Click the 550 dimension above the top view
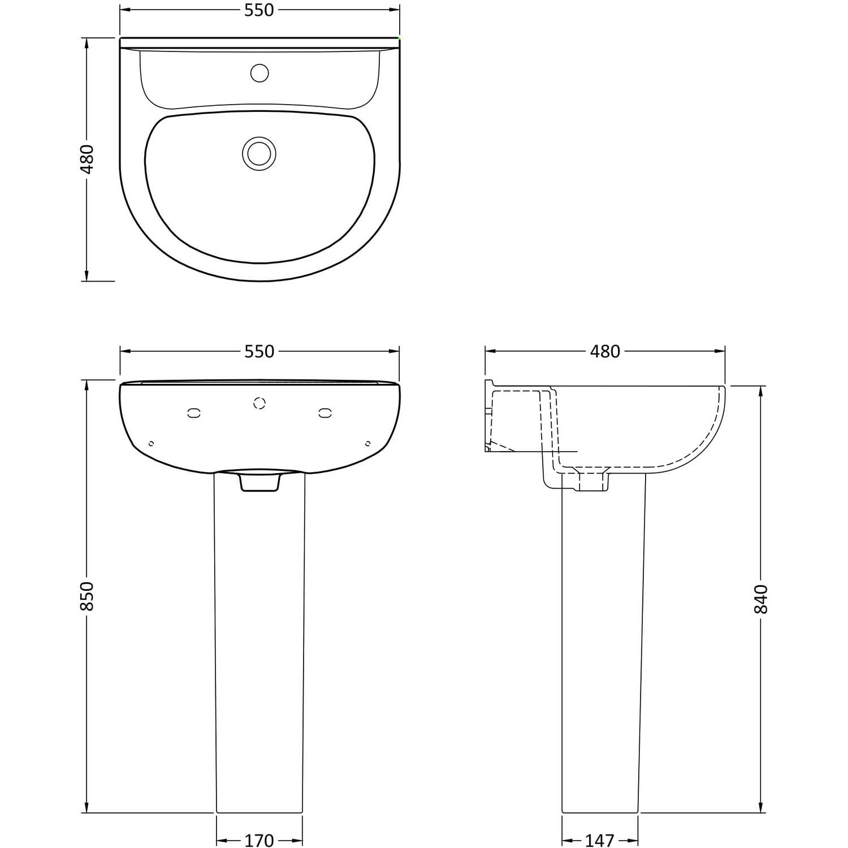coord(259,10)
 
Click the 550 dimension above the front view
coord(259,352)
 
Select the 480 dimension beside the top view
coord(87,159)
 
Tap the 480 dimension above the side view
coord(605,352)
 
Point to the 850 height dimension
coord(87,596)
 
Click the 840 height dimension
coord(761,599)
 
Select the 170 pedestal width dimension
coord(259,841)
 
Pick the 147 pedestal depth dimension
coord(599,841)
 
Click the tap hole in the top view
coord(259,73)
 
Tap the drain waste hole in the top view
coord(259,153)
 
